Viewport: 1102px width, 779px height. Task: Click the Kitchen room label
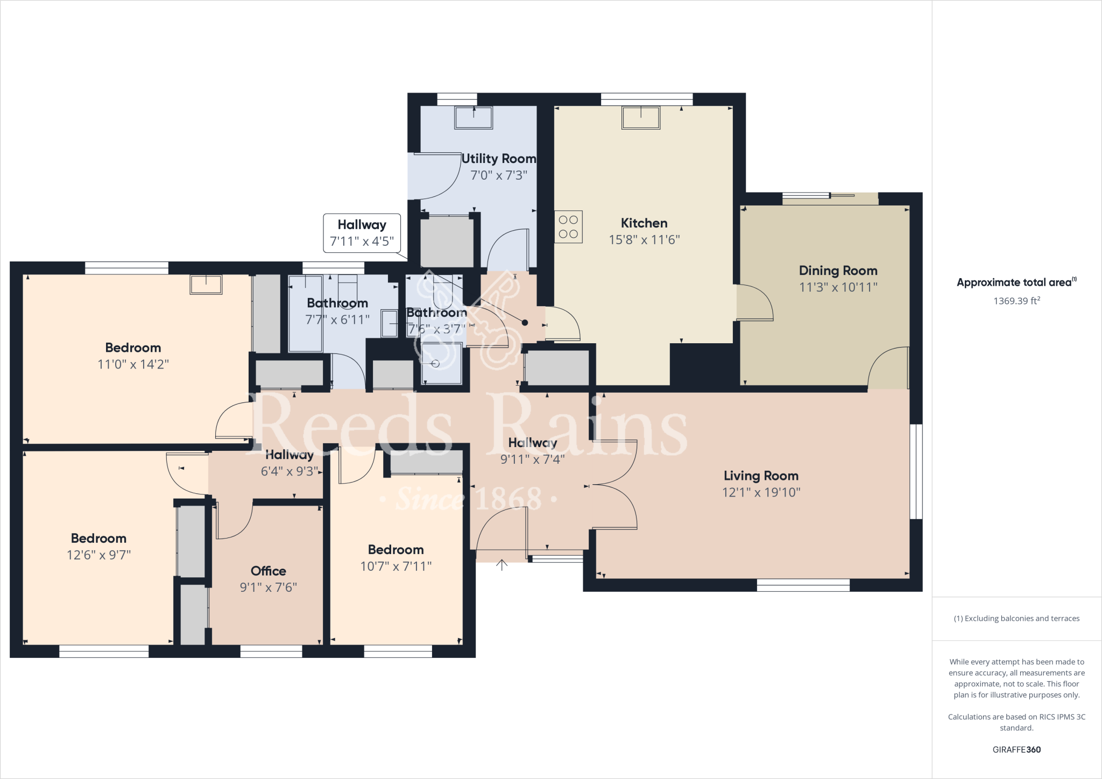644,223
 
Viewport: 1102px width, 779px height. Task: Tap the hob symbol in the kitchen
568,226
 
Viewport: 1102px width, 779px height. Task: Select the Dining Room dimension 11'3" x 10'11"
838,287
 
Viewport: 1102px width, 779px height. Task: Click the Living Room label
760,476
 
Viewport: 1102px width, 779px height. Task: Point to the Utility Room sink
474,118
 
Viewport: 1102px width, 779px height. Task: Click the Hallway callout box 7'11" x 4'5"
362,233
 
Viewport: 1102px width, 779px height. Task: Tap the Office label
268,571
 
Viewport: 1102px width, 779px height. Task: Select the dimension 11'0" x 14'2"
133,364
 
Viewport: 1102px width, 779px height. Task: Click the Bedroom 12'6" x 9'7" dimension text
98,555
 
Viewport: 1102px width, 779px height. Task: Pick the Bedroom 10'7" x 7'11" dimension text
395,566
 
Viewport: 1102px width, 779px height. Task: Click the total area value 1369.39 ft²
1016,301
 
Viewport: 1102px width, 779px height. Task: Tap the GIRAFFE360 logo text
1016,749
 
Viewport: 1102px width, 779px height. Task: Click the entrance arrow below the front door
501,565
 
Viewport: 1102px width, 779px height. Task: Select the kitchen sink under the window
640,118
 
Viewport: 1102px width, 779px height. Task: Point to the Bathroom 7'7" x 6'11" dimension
337,320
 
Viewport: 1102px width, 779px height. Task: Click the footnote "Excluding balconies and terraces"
1016,619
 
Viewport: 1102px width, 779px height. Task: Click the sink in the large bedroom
206,285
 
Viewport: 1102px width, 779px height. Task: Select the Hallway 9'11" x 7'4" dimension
532,459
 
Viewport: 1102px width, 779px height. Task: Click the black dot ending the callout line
525,323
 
